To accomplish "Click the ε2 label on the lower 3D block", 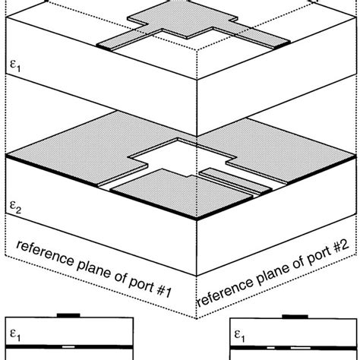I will [x=14, y=206].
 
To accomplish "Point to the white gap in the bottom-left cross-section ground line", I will [x=68, y=347].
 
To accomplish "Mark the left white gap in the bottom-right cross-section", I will [x=272, y=347].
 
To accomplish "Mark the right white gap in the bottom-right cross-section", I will [x=313, y=347].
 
